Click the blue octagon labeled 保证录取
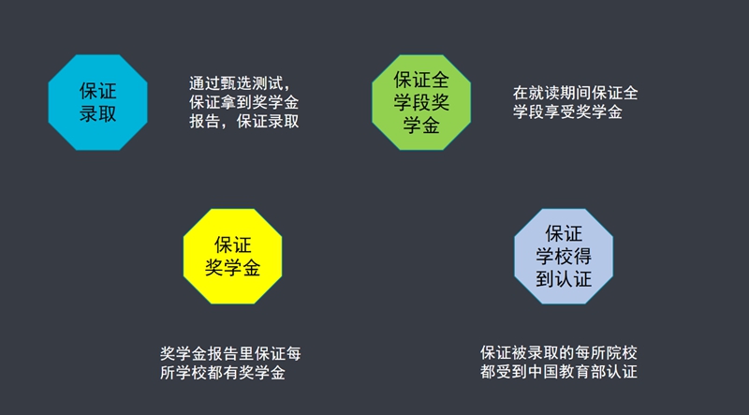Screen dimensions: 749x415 pyautogui.click(x=98, y=102)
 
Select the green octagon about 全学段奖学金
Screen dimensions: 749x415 pyautogui.click(x=421, y=102)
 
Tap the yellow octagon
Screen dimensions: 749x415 pyautogui.click(x=232, y=257)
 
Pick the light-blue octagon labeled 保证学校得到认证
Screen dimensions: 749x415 pyautogui.click(x=564, y=257)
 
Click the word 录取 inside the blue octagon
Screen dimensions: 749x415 pyautogui.click(x=98, y=114)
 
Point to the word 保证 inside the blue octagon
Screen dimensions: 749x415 pyautogui.click(x=98, y=91)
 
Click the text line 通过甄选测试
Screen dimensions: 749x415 pyautogui.click(x=240, y=83)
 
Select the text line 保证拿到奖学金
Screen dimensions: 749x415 pyautogui.click(x=244, y=102)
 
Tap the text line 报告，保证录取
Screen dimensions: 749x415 pyautogui.click(x=244, y=122)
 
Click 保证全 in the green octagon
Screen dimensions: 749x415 pyautogui.click(x=421, y=80)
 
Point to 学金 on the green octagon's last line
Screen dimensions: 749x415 pyautogui.click(x=421, y=126)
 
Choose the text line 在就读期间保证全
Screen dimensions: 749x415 pyautogui.click(x=576, y=93)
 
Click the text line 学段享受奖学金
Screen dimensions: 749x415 pyautogui.click(x=568, y=111)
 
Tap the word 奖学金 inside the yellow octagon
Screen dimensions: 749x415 pyautogui.click(x=232, y=268)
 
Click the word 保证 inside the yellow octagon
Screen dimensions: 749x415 pyautogui.click(x=232, y=245)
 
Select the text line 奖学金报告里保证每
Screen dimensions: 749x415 pyautogui.click(x=230, y=354)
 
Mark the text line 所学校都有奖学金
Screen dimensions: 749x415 pyautogui.click(x=223, y=373)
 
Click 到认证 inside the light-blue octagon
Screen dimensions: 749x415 pyautogui.click(x=564, y=279)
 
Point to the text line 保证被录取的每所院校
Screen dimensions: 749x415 pyautogui.click(x=559, y=353)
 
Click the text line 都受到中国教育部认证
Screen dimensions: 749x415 pyautogui.click(x=559, y=372)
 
